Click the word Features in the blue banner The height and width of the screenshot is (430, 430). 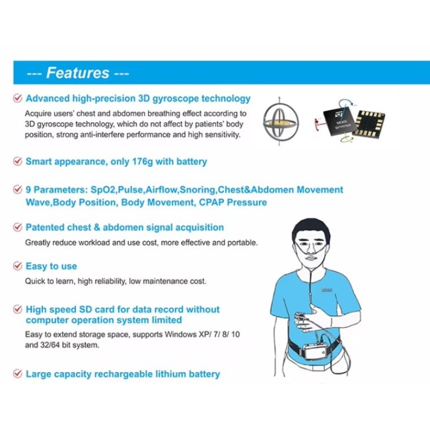click(x=78, y=73)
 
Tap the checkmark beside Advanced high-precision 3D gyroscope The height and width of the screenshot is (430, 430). click(x=17, y=98)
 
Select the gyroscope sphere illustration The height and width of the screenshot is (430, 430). click(x=280, y=121)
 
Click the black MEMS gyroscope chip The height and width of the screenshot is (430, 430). click(x=339, y=122)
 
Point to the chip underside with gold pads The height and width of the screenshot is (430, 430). click(x=369, y=124)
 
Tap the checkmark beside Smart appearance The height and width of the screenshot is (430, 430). click(x=17, y=161)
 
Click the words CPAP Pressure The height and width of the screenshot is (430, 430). click(x=233, y=202)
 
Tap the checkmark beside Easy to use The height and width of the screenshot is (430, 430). click(x=17, y=266)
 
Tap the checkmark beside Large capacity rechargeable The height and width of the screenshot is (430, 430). click(x=17, y=373)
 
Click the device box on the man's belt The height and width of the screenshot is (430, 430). click(x=318, y=351)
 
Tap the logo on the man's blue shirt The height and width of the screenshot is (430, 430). click(x=327, y=290)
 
